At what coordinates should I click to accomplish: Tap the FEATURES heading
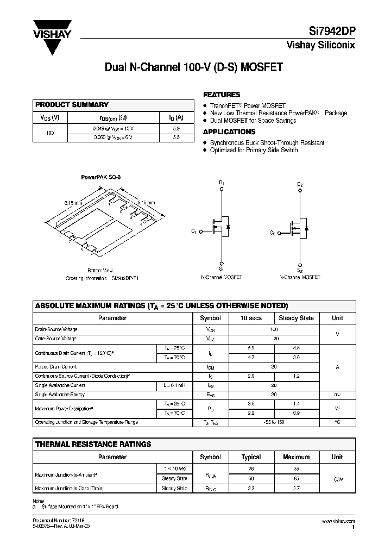[x=222, y=94]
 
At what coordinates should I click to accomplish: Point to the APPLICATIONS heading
[x=229, y=132]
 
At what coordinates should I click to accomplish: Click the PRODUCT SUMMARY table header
[x=72, y=104]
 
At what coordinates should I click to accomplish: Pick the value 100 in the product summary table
[x=50, y=133]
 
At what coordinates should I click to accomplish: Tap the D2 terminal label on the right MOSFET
[x=300, y=184]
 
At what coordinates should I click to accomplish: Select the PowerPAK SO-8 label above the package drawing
[x=100, y=177]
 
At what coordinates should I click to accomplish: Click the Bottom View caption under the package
[x=100, y=270]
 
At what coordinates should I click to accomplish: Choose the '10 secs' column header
[x=251, y=318]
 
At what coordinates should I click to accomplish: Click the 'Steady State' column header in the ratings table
[x=296, y=318]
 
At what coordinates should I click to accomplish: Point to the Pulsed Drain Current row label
[x=56, y=367]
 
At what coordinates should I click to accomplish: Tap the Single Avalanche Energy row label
[x=60, y=395]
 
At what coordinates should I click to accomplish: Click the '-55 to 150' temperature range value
[x=274, y=422]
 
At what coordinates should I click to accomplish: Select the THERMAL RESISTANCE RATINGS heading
[x=93, y=444]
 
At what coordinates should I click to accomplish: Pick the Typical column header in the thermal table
[x=251, y=457]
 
